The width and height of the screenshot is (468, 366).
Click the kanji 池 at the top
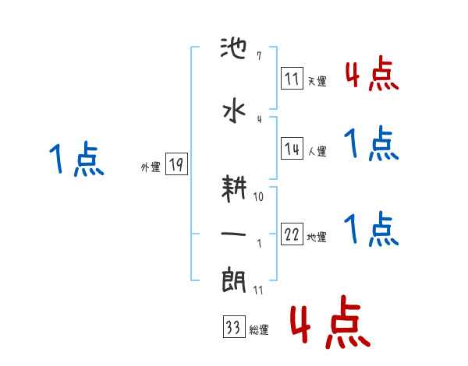click(x=236, y=54)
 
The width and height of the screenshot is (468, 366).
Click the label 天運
click(x=317, y=82)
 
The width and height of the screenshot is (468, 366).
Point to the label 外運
click(x=151, y=167)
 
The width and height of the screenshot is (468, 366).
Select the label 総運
click(x=258, y=330)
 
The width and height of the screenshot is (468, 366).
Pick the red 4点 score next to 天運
click(x=371, y=75)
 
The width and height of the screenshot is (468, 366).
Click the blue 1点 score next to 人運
click(x=371, y=143)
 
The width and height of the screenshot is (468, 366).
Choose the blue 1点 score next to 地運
click(x=371, y=229)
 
